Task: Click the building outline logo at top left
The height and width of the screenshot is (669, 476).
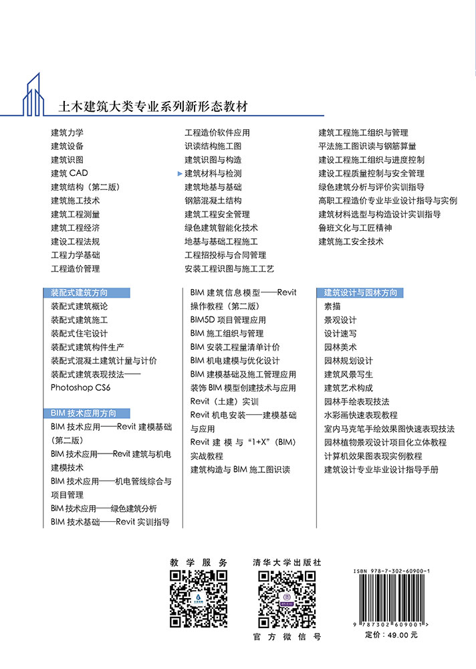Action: pyautogui.click(x=40, y=94)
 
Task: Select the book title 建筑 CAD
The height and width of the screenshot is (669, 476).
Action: pyautogui.click(x=70, y=173)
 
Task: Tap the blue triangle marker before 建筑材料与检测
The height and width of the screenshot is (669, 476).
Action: pyautogui.click(x=180, y=173)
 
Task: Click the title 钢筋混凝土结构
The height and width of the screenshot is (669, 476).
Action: pyautogui.click(x=213, y=201)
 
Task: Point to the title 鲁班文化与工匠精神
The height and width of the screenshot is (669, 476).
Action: pyautogui.click(x=355, y=227)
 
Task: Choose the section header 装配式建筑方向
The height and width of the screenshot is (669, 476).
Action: pyautogui.click(x=80, y=292)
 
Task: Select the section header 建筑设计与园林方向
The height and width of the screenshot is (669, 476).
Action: pyautogui.click(x=360, y=292)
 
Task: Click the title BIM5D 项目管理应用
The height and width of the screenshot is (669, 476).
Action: pyautogui.click(x=228, y=320)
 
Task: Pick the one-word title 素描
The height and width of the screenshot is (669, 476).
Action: pyautogui.click(x=332, y=306)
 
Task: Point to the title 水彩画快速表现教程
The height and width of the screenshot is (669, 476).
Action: pyautogui.click(x=360, y=415)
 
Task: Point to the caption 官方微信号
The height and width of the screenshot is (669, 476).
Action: pyautogui.click(x=287, y=637)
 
